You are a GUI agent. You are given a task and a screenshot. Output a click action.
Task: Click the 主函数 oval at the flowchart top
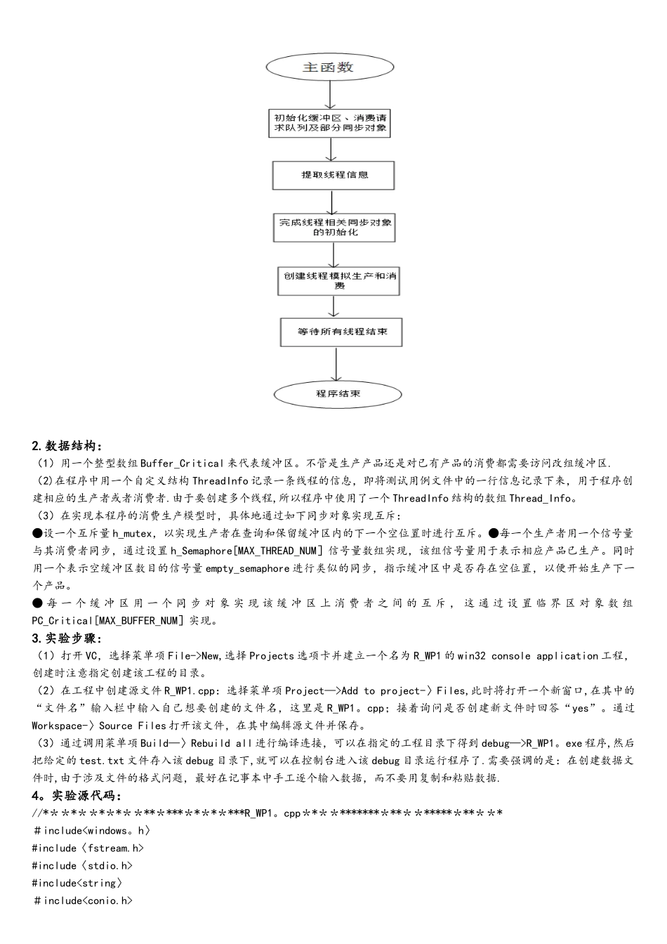click(x=329, y=67)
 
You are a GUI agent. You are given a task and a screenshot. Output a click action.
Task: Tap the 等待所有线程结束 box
click(x=341, y=332)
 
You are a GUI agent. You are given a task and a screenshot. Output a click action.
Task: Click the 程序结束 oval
click(x=337, y=394)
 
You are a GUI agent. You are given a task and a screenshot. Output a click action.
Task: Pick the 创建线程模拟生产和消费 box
click(x=340, y=280)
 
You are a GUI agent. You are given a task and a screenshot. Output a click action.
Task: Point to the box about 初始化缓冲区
click(x=330, y=122)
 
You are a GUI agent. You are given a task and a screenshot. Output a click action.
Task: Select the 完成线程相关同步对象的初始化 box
click(x=335, y=227)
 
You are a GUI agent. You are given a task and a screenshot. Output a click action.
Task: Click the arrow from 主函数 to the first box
click(x=329, y=95)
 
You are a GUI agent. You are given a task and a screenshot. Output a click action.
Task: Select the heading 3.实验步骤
click(x=67, y=638)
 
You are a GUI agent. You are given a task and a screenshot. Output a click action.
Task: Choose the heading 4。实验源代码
click(x=77, y=796)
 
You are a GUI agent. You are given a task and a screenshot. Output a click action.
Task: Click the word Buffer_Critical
click(x=183, y=464)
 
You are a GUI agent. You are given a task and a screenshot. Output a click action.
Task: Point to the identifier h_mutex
click(x=132, y=534)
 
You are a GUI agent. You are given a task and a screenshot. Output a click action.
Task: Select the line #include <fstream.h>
click(x=83, y=848)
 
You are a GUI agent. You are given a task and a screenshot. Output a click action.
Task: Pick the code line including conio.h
click(x=83, y=900)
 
